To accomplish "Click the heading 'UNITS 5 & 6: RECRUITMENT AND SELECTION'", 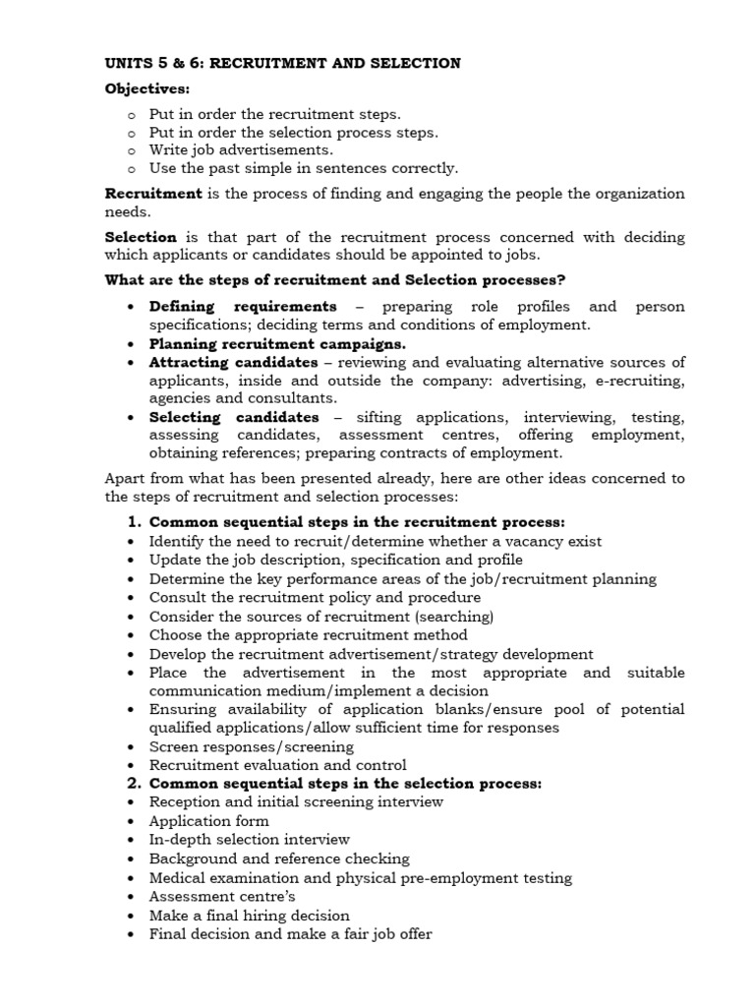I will coord(282,64).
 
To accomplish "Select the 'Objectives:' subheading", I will coord(147,89).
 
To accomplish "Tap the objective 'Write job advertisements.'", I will coord(241,150).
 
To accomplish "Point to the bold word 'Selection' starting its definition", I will coord(141,237).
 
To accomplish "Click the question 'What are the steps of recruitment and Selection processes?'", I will coord(335,280).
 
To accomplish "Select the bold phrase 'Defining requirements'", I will coord(242,307).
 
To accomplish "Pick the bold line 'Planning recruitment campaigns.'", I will coord(277,344).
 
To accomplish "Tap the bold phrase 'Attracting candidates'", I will coord(234,363).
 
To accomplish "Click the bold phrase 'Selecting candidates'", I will coord(234,418).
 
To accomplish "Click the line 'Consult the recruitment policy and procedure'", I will coord(315,598).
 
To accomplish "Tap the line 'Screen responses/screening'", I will coord(251,747).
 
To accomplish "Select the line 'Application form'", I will coord(208,821).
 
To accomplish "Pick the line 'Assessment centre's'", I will coord(221,897).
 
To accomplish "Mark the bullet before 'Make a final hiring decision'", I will coord(132,916).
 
